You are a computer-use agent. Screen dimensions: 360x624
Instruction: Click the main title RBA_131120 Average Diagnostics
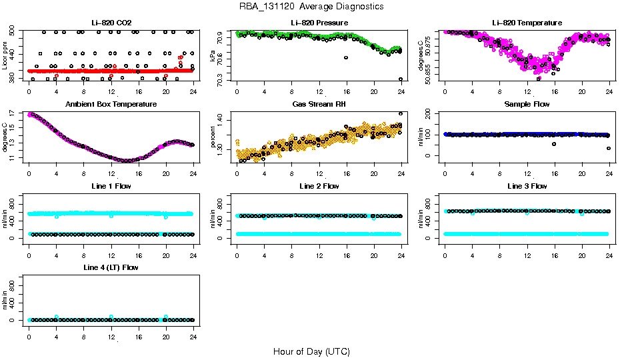tap(312, 7)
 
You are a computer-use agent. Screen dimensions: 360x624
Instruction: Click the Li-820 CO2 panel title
tap(111, 23)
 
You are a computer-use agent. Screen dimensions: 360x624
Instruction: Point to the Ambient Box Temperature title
tap(111, 104)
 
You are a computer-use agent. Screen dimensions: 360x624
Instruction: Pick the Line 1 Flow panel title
tap(111, 186)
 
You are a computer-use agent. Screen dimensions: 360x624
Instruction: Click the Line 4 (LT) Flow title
tap(111, 267)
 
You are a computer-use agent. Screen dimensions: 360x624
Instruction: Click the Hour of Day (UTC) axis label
tap(311, 351)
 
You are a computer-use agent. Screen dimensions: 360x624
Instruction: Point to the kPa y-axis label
tap(213, 56)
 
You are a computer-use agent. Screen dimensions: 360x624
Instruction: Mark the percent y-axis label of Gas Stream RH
tap(213, 137)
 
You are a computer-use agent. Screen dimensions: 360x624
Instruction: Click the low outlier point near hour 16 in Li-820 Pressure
tap(346, 57)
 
